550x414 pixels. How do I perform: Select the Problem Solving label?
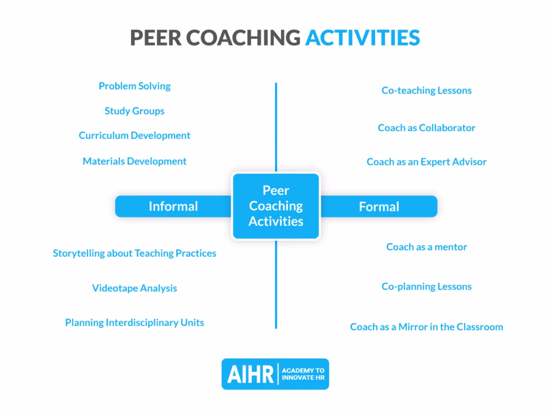134,86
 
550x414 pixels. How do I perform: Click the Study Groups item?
134,111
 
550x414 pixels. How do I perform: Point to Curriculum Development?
134,135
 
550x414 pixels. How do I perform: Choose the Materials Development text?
134,161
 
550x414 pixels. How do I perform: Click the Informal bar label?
173,206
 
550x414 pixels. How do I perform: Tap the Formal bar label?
379,207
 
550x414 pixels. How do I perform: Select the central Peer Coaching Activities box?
276,206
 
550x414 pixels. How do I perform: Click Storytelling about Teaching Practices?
134,253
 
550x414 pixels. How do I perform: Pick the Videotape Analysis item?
134,288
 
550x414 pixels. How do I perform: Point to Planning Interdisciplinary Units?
134,323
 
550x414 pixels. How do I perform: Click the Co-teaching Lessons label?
426,90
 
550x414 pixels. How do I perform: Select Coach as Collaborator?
426,128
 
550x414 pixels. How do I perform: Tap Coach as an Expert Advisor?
426,162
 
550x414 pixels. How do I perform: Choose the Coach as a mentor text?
426,247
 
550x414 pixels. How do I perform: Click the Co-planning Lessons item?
426,287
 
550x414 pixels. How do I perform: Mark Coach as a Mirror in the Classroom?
426,327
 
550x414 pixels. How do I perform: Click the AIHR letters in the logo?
250,375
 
